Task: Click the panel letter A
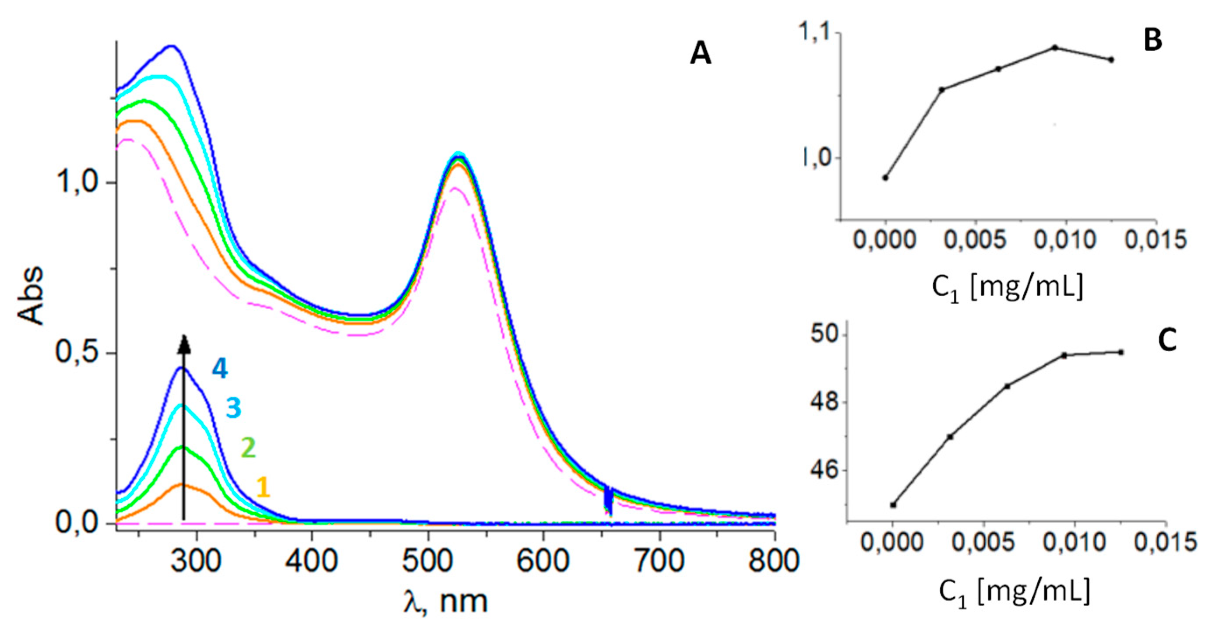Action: click(x=701, y=55)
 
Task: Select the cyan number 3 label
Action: click(x=233, y=408)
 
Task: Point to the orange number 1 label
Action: click(x=264, y=487)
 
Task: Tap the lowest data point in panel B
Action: click(x=885, y=178)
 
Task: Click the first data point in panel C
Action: click(x=893, y=505)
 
